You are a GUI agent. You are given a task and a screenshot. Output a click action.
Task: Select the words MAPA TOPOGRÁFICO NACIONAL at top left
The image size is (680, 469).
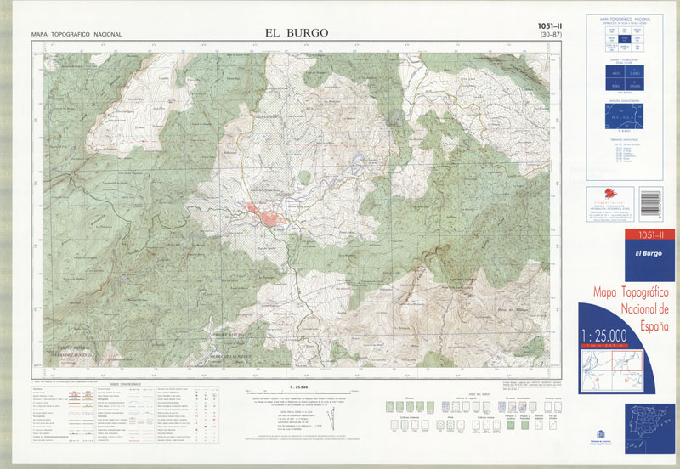click(76, 34)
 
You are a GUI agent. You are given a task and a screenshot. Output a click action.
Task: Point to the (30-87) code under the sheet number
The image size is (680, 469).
click(550, 36)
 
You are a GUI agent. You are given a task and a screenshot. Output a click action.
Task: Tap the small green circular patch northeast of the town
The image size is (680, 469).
click(304, 177)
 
